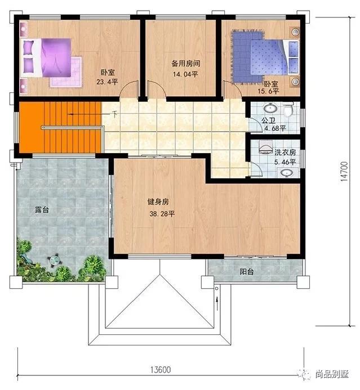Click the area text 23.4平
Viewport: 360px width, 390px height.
(x=107, y=82)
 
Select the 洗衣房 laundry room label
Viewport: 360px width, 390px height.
(x=285, y=153)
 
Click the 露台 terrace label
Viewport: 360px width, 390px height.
(x=42, y=209)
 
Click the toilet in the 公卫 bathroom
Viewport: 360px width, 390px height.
(x=288, y=110)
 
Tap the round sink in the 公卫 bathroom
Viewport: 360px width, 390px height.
(x=270, y=108)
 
